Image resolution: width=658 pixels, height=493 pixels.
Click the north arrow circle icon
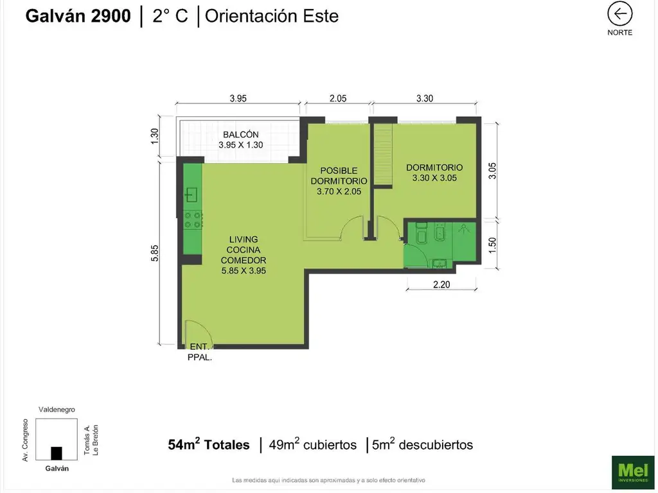click(620, 13)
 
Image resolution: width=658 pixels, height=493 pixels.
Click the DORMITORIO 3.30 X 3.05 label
click(434, 173)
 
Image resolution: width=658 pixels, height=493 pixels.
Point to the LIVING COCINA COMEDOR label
click(244, 255)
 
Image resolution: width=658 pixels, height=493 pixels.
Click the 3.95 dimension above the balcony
click(238, 99)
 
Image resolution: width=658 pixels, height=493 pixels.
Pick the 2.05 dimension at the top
click(338, 99)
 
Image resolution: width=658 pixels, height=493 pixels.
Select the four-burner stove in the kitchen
click(193, 220)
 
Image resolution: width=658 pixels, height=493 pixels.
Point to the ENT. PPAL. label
click(200, 352)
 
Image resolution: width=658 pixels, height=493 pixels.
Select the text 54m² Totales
click(209, 444)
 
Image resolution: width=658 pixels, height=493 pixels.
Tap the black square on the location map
click(57, 453)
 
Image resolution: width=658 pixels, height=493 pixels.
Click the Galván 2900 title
click(78, 16)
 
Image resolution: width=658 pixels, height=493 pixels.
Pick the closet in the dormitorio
click(384, 156)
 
